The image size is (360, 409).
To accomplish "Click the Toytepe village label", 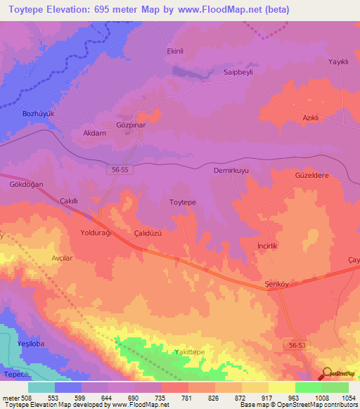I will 183,202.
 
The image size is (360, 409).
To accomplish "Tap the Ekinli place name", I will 174,51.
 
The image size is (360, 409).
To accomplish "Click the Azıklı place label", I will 311,117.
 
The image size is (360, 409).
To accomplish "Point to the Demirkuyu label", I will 231,171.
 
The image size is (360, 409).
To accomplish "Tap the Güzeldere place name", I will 312,176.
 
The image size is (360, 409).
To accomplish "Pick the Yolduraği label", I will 96,232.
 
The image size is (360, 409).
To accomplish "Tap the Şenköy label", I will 277,283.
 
